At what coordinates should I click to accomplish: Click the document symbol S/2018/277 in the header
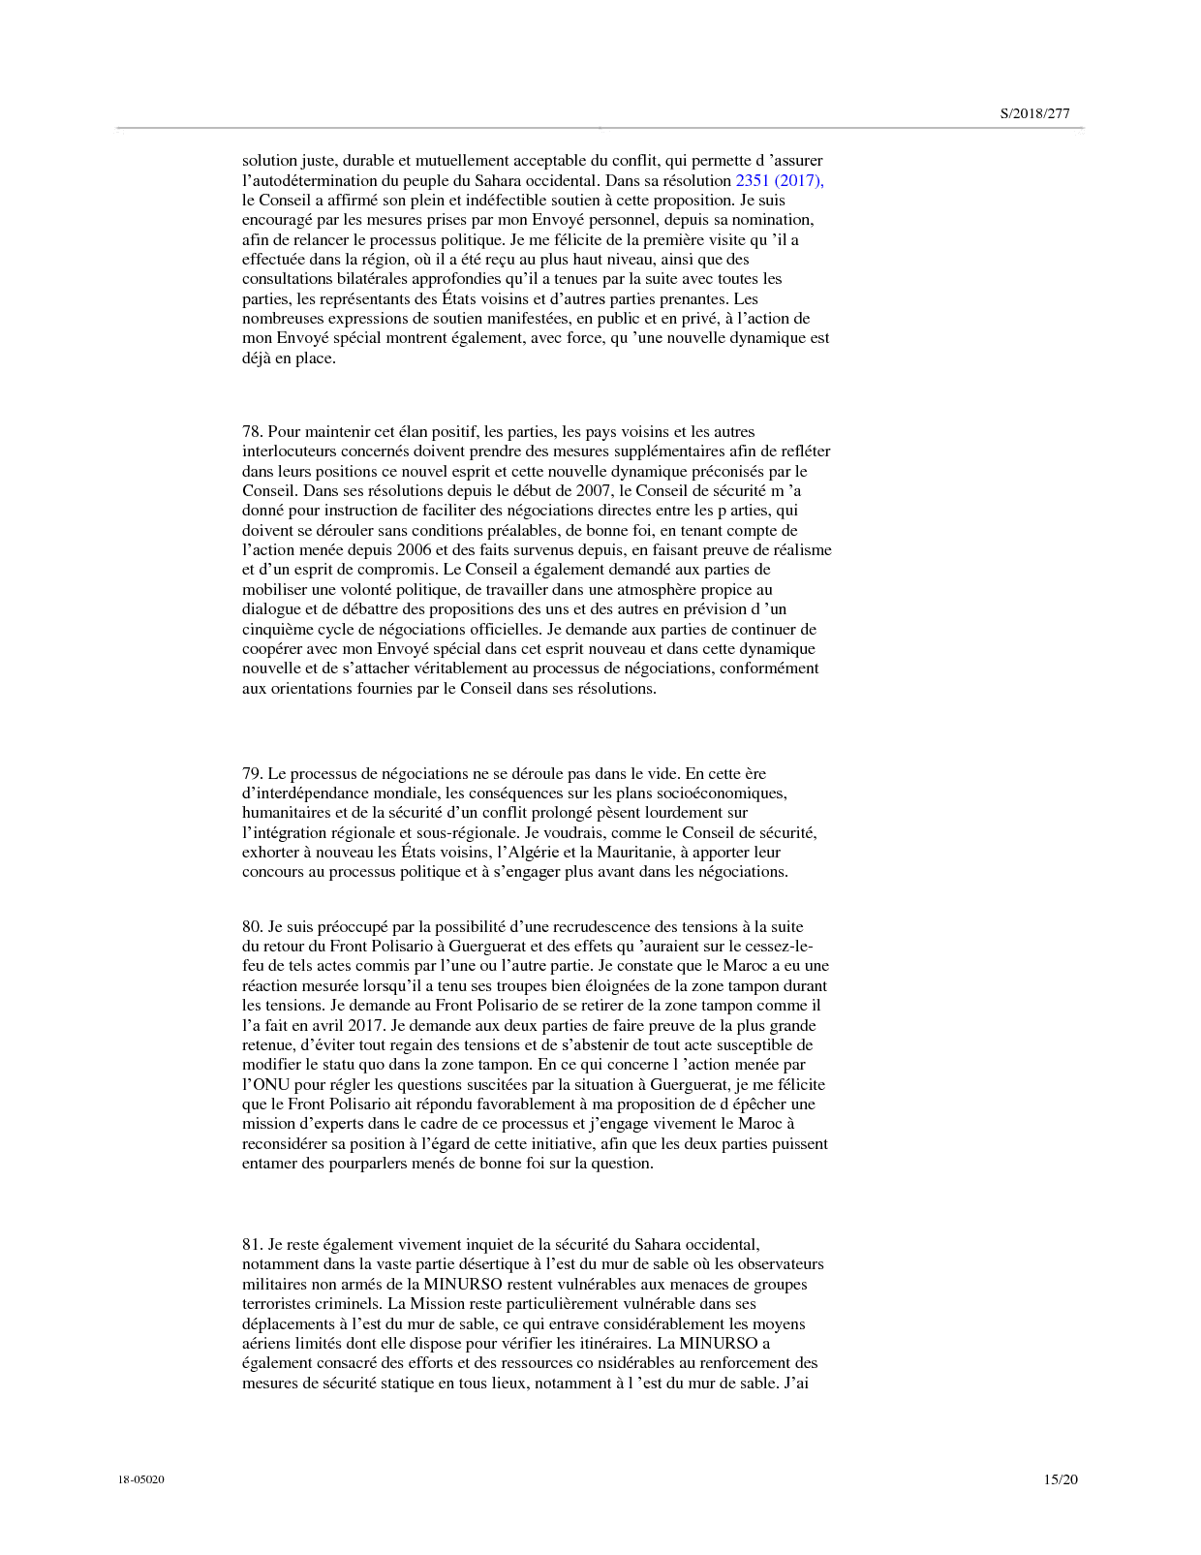pos(1034,113)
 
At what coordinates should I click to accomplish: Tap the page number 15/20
pos(1060,1479)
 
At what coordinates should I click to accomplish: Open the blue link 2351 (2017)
pos(780,180)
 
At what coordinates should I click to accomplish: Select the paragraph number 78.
pos(252,431)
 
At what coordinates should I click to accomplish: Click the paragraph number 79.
pos(252,773)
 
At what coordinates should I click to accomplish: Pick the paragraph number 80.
pos(252,926)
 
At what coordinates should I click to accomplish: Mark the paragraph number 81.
pos(252,1244)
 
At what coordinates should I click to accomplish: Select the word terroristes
pos(276,1303)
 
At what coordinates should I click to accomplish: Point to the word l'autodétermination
pos(310,180)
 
